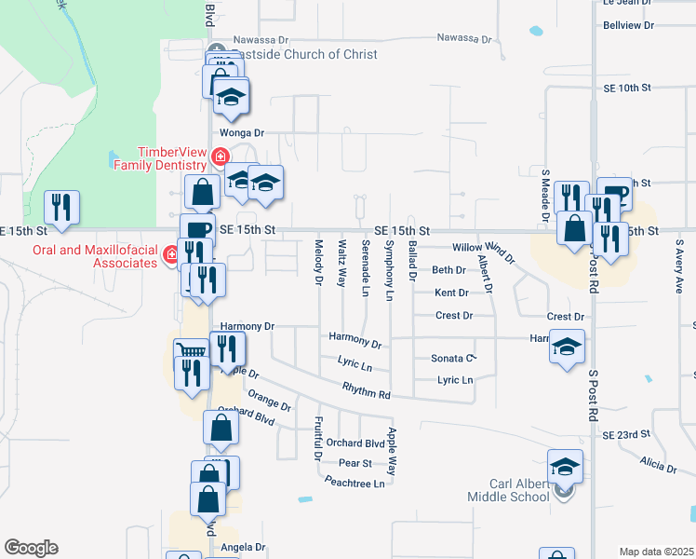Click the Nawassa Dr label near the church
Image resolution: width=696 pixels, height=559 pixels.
pos(261,40)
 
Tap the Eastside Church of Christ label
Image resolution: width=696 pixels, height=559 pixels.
pos(303,54)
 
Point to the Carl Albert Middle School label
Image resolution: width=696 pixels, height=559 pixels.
pos(520,490)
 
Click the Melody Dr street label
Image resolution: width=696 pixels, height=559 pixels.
pos(318,262)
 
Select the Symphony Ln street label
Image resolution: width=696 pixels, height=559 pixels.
pos(390,270)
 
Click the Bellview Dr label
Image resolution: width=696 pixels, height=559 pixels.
pos(629,25)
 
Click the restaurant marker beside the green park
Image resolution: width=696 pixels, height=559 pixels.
pos(61,207)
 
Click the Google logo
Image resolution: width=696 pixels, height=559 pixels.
pos(31,548)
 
